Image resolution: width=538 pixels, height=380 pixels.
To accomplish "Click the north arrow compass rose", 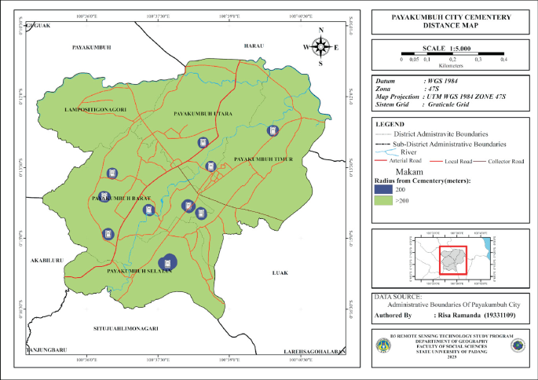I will pyautogui.click(x=320, y=46).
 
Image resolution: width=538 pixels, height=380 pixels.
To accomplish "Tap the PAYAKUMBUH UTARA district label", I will pyautogui.click(x=203, y=115).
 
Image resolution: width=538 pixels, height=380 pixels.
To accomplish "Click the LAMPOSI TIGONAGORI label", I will pyautogui.click(x=97, y=109).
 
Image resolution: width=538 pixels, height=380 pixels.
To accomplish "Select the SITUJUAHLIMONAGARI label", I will pyautogui.click(x=126, y=328).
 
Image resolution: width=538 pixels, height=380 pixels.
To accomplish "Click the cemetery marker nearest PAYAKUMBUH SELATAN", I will pyautogui.click(x=167, y=263).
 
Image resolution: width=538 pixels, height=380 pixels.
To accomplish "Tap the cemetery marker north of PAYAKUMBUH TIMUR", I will pyautogui.click(x=273, y=130).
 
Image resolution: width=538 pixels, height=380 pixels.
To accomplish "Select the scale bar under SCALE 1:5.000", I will pyautogui.click(x=452, y=53).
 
